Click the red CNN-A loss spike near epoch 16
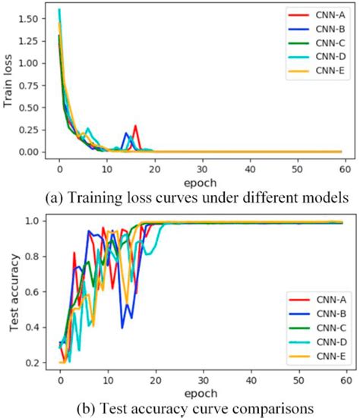coord(135,127)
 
